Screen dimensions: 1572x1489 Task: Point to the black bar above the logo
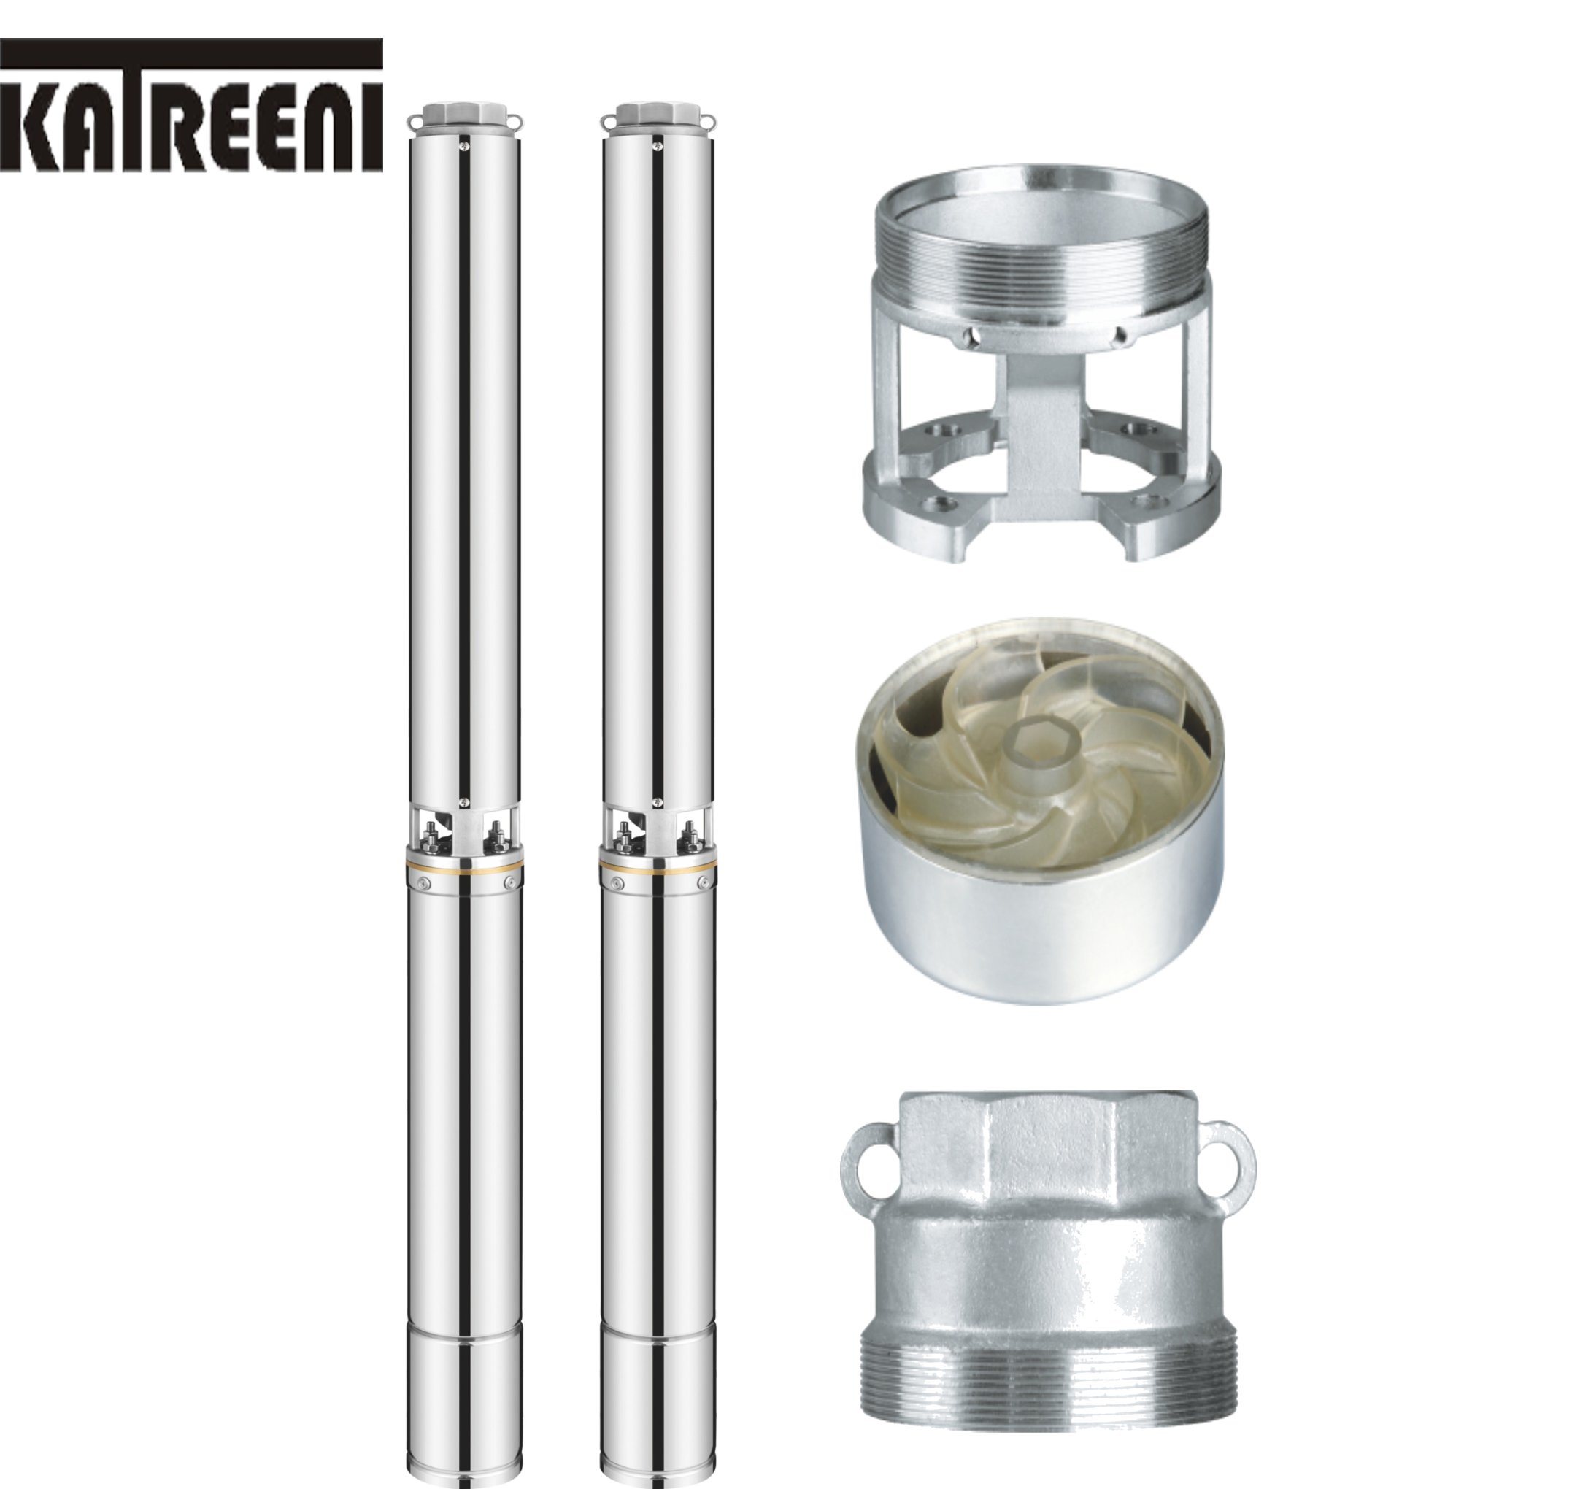click(x=191, y=53)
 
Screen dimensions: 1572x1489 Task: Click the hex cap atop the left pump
click(x=464, y=114)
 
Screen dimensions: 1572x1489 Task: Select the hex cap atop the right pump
click(x=657, y=114)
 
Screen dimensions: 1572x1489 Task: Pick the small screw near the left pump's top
click(x=464, y=145)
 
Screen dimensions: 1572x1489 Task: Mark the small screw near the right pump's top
click(x=657, y=145)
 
